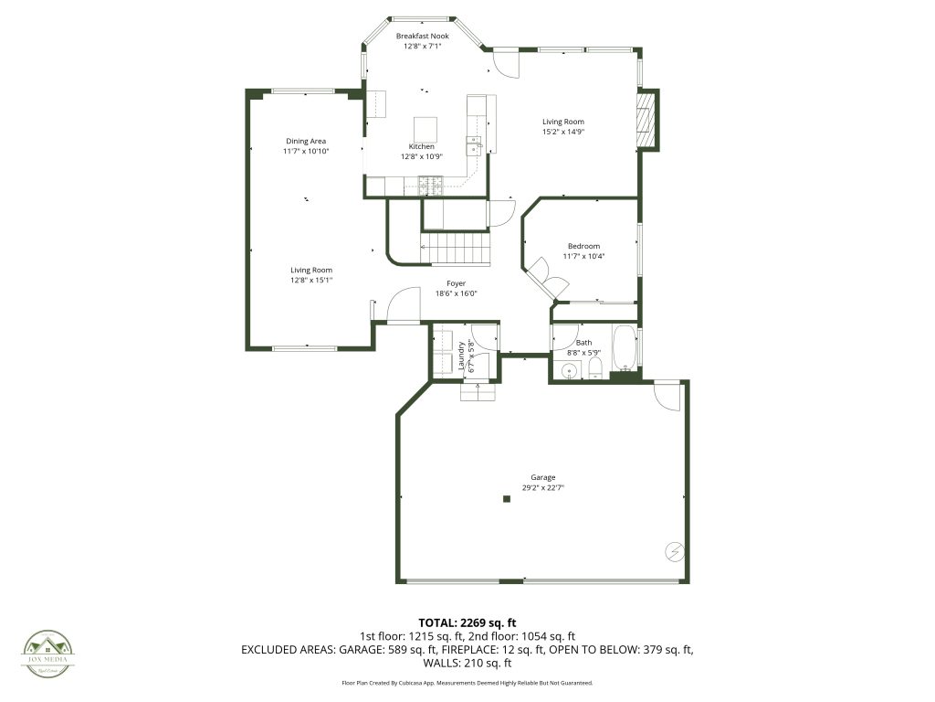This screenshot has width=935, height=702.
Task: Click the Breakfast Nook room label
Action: click(422, 36)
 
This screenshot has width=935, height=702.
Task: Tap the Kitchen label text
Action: click(421, 146)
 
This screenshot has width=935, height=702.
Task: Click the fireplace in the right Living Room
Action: click(646, 120)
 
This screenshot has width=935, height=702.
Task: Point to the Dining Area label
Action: click(306, 141)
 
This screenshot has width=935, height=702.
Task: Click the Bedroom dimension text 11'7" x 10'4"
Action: click(583, 256)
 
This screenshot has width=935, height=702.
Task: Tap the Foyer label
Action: click(457, 283)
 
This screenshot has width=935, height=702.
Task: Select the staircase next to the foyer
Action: click(454, 247)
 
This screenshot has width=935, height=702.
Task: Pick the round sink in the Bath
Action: click(569, 370)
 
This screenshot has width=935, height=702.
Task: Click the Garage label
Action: click(543, 477)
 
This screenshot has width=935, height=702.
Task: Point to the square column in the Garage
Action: click(507, 498)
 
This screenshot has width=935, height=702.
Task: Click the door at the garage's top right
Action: click(667, 395)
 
